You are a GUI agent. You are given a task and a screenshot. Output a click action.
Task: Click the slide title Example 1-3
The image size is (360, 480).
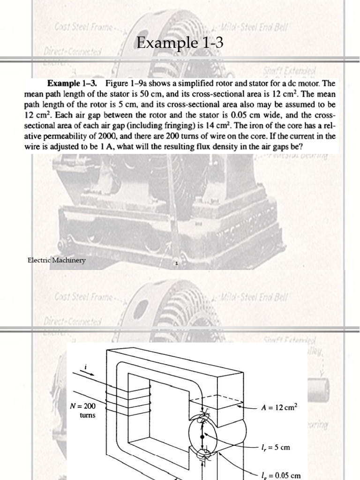[x=180, y=44]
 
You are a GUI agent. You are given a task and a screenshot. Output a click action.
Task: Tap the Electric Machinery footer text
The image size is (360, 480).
[x=57, y=261]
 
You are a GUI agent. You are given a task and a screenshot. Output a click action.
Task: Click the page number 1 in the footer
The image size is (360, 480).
[x=176, y=264]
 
